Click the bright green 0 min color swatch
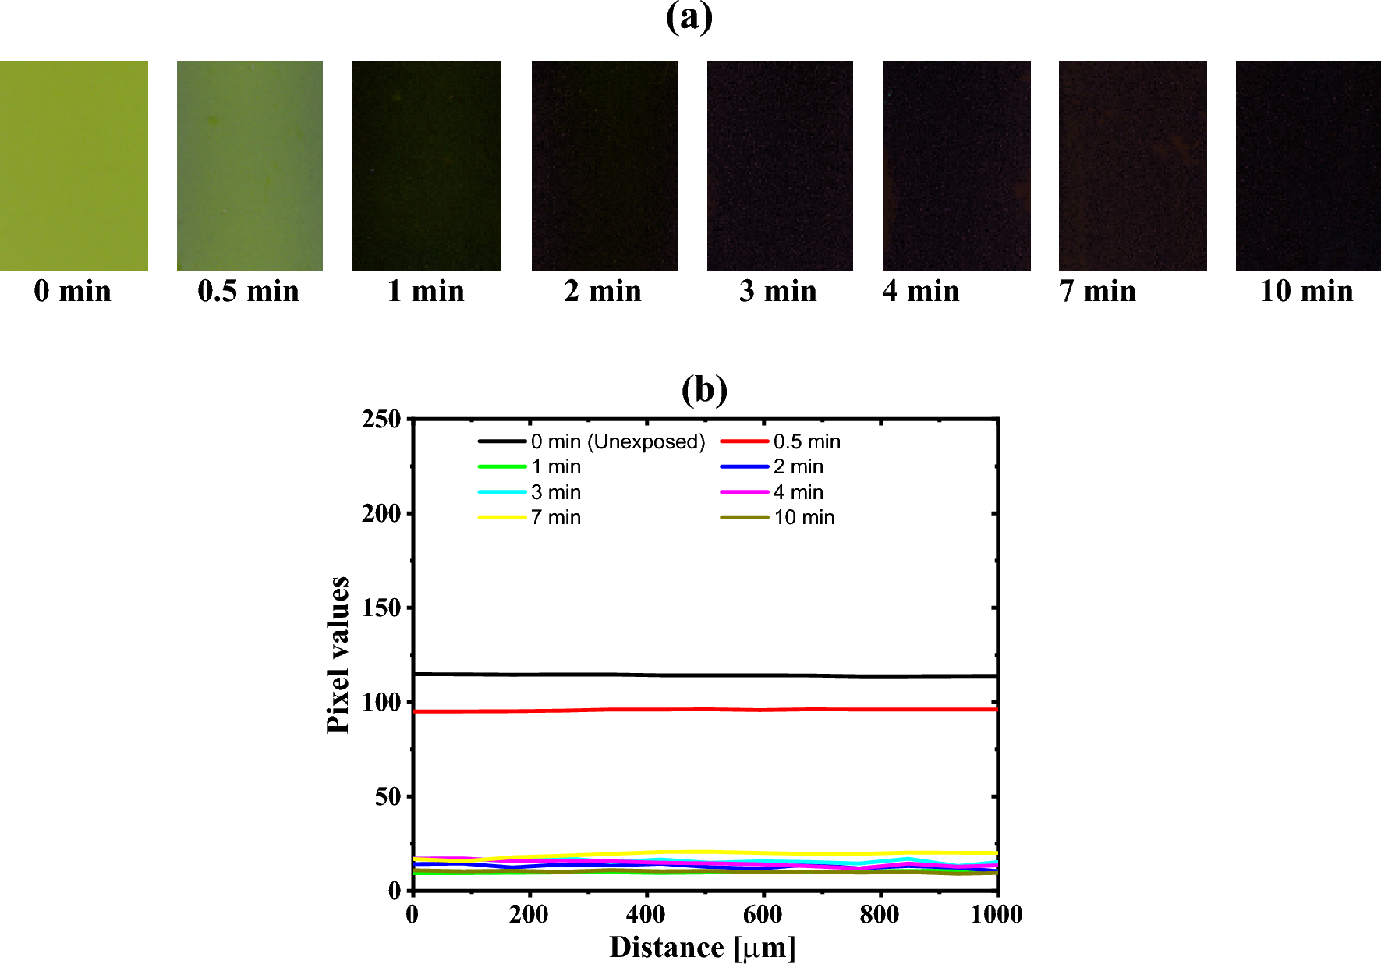(x=74, y=165)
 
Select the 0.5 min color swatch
(x=250, y=165)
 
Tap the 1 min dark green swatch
(x=427, y=165)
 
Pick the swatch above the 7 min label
(x=1132, y=165)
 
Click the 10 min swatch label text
(x=1306, y=291)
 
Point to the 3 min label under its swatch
(x=778, y=291)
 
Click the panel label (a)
(x=689, y=16)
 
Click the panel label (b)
(x=704, y=389)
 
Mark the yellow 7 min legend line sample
(x=501, y=517)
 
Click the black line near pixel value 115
(x=702, y=675)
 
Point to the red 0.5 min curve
(x=702, y=710)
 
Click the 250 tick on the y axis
(x=381, y=420)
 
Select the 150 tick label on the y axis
(x=381, y=608)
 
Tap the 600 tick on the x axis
(x=763, y=913)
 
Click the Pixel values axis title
(x=338, y=655)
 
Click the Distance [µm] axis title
(x=703, y=947)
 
